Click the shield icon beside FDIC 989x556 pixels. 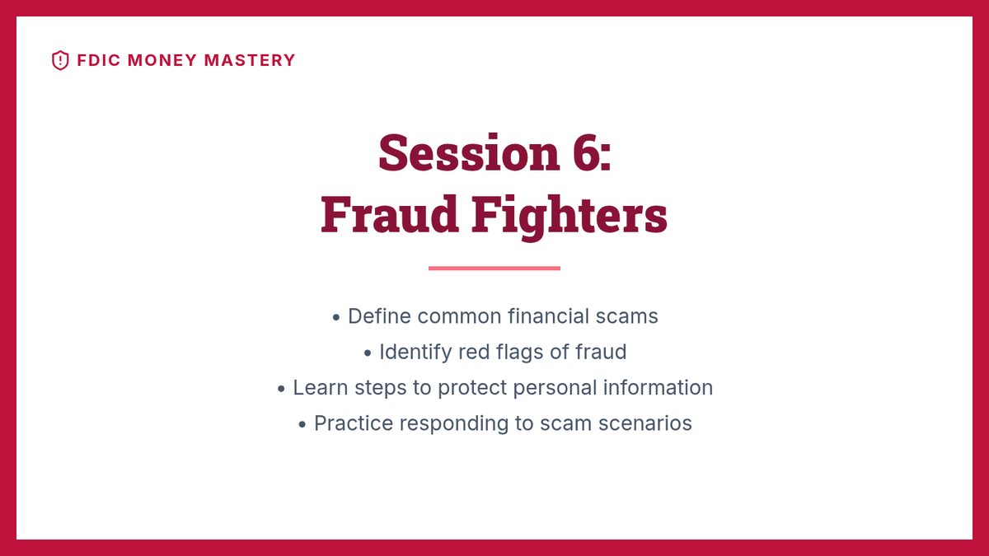[x=60, y=60]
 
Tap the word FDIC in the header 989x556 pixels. [x=98, y=60]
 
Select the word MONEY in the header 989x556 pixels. [x=162, y=60]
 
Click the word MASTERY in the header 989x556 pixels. [x=250, y=60]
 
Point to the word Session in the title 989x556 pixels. [x=469, y=152]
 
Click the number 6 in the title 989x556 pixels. [x=587, y=152]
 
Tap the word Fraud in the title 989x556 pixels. [x=389, y=214]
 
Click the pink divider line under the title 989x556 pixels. [x=494, y=268]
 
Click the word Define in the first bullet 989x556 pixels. [x=379, y=316]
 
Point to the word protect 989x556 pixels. [x=472, y=388]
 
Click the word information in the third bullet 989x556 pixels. [x=658, y=388]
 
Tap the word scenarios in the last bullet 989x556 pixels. [x=645, y=423]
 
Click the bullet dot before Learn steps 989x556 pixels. [x=281, y=389]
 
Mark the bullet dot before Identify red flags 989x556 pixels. [x=368, y=353]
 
